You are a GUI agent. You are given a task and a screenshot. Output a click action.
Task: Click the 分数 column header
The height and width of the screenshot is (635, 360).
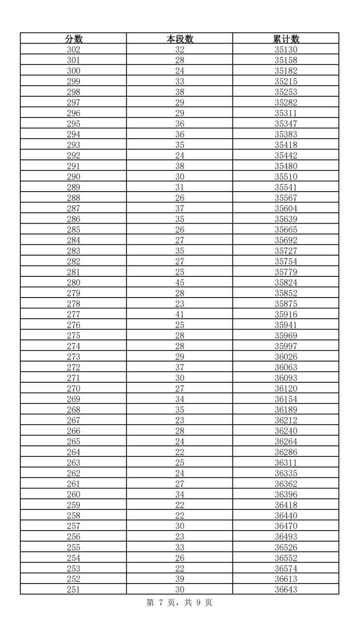coord(74,39)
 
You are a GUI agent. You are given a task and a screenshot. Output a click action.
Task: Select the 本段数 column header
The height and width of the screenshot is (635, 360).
coord(180,39)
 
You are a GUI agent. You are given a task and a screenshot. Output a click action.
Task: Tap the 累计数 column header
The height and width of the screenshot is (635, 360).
coord(286,39)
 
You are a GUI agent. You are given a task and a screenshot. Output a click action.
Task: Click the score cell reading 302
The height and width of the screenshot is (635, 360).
coord(74,49)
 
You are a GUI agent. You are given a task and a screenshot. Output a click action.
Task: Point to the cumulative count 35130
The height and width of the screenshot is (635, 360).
coord(286,49)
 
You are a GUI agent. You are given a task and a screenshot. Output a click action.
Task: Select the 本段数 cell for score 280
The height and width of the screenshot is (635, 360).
coord(180,283)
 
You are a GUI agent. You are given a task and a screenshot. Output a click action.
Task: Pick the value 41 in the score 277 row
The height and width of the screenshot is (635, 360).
coord(180,315)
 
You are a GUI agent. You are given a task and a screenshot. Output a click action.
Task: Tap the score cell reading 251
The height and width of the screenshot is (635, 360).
coord(74,589)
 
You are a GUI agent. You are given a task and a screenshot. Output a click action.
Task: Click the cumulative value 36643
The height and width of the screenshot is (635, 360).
coord(286,589)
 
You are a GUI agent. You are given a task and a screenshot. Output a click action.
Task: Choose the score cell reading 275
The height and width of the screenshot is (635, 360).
coord(74,335)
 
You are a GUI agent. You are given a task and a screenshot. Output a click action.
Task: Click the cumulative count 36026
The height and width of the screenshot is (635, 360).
coord(286,357)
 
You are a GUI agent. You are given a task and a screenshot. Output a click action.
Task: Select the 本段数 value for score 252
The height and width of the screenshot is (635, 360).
coord(180,579)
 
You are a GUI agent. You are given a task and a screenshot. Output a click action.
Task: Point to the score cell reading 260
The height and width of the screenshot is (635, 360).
coord(74,494)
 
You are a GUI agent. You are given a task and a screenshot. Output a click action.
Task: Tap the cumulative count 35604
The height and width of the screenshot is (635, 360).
coord(286,209)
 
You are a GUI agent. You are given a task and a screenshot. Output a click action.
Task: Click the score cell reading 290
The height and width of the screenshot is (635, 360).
coord(74,177)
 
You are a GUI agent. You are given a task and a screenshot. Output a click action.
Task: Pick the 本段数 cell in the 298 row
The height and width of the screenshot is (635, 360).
coord(180,92)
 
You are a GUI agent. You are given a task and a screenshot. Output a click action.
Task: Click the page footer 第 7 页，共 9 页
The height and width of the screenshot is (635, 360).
coord(179,603)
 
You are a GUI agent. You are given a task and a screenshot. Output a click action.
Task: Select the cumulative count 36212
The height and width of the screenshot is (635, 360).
coord(286,420)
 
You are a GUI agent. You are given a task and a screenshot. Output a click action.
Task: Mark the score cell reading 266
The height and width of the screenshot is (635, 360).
coord(74,431)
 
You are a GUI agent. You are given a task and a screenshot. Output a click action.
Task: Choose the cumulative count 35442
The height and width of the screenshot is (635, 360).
coord(286,155)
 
